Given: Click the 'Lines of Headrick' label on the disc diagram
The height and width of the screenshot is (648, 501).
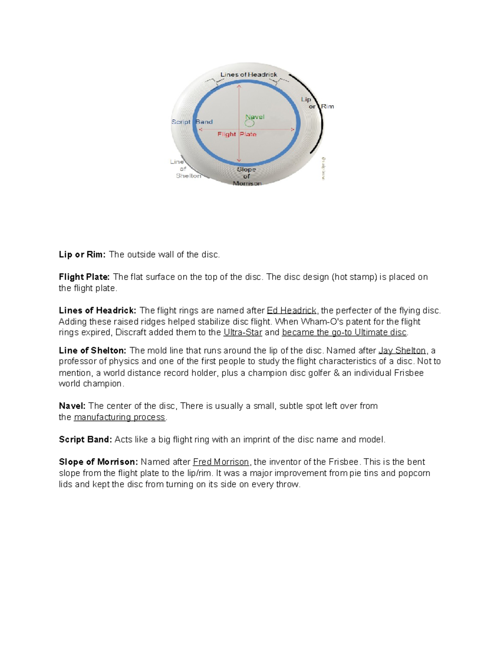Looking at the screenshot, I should [x=248, y=75].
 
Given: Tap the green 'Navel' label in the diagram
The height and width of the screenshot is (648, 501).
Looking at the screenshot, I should [x=255, y=117].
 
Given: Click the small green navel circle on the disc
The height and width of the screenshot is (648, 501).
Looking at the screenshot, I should [x=250, y=124].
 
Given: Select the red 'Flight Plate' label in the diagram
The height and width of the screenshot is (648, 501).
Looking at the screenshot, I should [x=237, y=134].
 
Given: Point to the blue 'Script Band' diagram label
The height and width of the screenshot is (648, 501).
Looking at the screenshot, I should [x=192, y=122].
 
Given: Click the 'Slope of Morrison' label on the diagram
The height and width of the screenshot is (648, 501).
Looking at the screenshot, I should [x=247, y=176].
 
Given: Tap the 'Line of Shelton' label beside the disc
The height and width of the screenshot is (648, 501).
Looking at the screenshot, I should [x=184, y=169].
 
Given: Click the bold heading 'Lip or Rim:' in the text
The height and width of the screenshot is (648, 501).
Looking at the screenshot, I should [x=82, y=255].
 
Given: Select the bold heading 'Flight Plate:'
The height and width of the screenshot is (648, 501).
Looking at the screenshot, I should [x=84, y=277].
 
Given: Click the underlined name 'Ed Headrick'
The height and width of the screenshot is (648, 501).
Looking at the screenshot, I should [x=291, y=310].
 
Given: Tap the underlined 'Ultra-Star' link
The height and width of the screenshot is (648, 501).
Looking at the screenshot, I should [x=243, y=333].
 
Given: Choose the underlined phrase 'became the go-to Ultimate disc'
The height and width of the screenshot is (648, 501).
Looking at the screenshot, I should [x=344, y=333].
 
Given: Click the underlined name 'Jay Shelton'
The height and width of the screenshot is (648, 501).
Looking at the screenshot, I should [x=402, y=350].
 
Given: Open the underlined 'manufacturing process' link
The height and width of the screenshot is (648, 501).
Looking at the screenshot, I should [x=119, y=417].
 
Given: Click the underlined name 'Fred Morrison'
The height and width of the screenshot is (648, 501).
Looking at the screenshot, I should [x=221, y=462].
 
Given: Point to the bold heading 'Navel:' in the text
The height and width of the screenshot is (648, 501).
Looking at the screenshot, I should [x=72, y=406].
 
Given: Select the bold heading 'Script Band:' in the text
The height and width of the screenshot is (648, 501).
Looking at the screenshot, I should [x=85, y=439].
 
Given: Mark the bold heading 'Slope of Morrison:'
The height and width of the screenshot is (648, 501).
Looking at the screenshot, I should [x=98, y=462].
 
